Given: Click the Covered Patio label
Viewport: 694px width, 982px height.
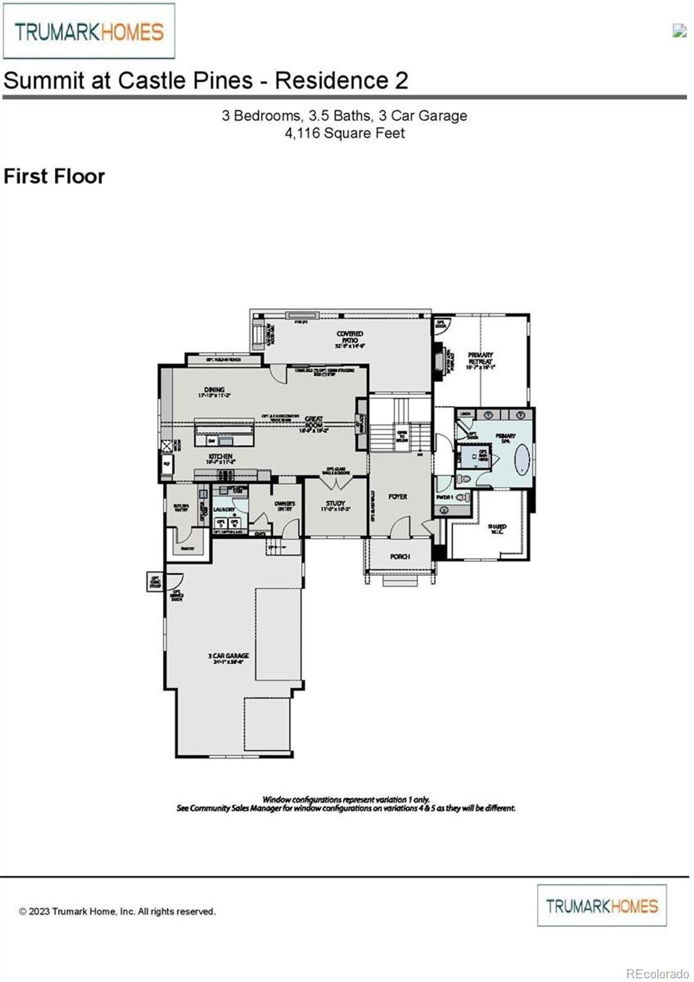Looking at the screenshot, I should point(350,339).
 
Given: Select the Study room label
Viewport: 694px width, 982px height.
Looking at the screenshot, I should point(336,505).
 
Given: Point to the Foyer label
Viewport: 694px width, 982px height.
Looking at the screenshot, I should point(397,496).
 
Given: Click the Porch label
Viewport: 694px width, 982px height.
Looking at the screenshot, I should point(400,556).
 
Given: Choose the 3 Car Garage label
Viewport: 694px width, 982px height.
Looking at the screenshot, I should point(228,658).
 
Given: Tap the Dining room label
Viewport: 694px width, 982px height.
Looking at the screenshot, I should point(215,392).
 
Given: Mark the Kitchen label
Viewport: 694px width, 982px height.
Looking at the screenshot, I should point(221,459).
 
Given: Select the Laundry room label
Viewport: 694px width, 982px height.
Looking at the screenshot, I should point(223,510).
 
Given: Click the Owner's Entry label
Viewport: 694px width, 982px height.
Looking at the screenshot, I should point(285,505).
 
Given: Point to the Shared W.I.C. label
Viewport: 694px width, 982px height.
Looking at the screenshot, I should point(497,529).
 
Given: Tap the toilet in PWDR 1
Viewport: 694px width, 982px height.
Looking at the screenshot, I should point(461,497).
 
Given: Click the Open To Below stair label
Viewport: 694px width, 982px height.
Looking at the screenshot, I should point(402,436).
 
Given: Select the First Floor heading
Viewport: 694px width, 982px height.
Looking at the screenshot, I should point(54,177).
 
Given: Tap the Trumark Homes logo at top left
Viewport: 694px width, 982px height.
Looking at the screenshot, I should point(89,31).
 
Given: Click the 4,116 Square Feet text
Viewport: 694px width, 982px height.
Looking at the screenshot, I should point(345,133).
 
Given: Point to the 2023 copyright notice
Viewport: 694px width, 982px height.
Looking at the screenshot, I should point(117,912).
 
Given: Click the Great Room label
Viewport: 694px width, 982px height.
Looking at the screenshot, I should point(314,422).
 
